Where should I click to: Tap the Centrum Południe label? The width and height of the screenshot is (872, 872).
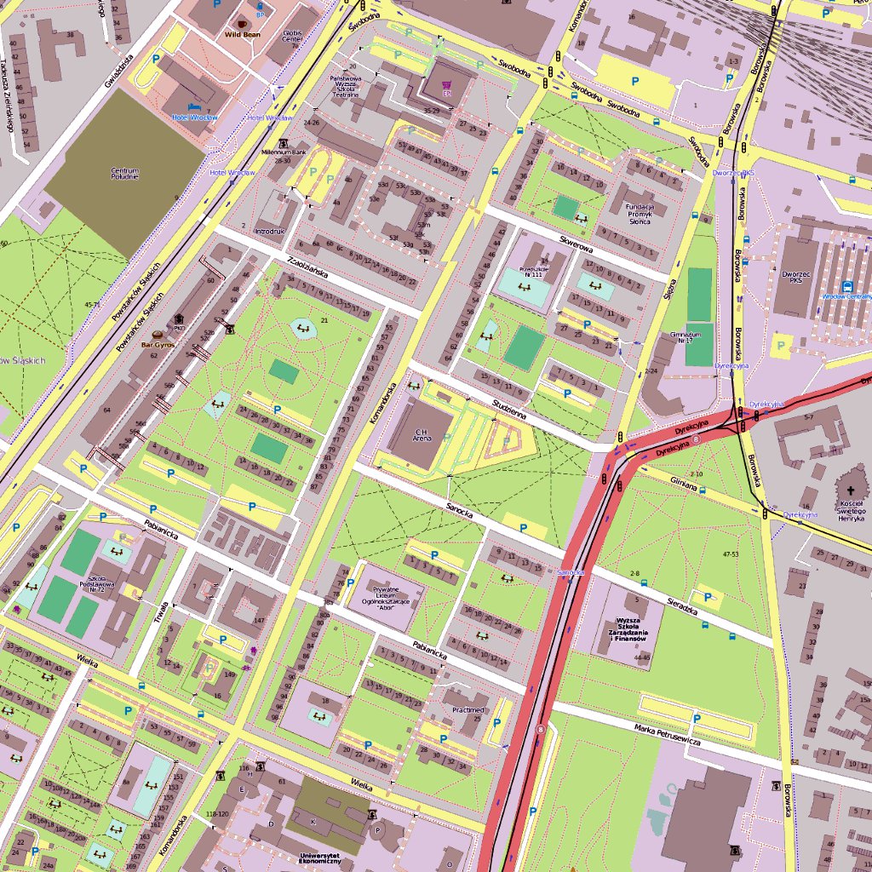click(124, 175)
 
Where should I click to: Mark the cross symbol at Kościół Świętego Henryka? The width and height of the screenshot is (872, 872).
click(851, 490)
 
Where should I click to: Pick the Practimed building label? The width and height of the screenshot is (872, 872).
click(468, 709)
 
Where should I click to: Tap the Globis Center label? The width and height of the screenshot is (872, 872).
click(293, 37)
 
